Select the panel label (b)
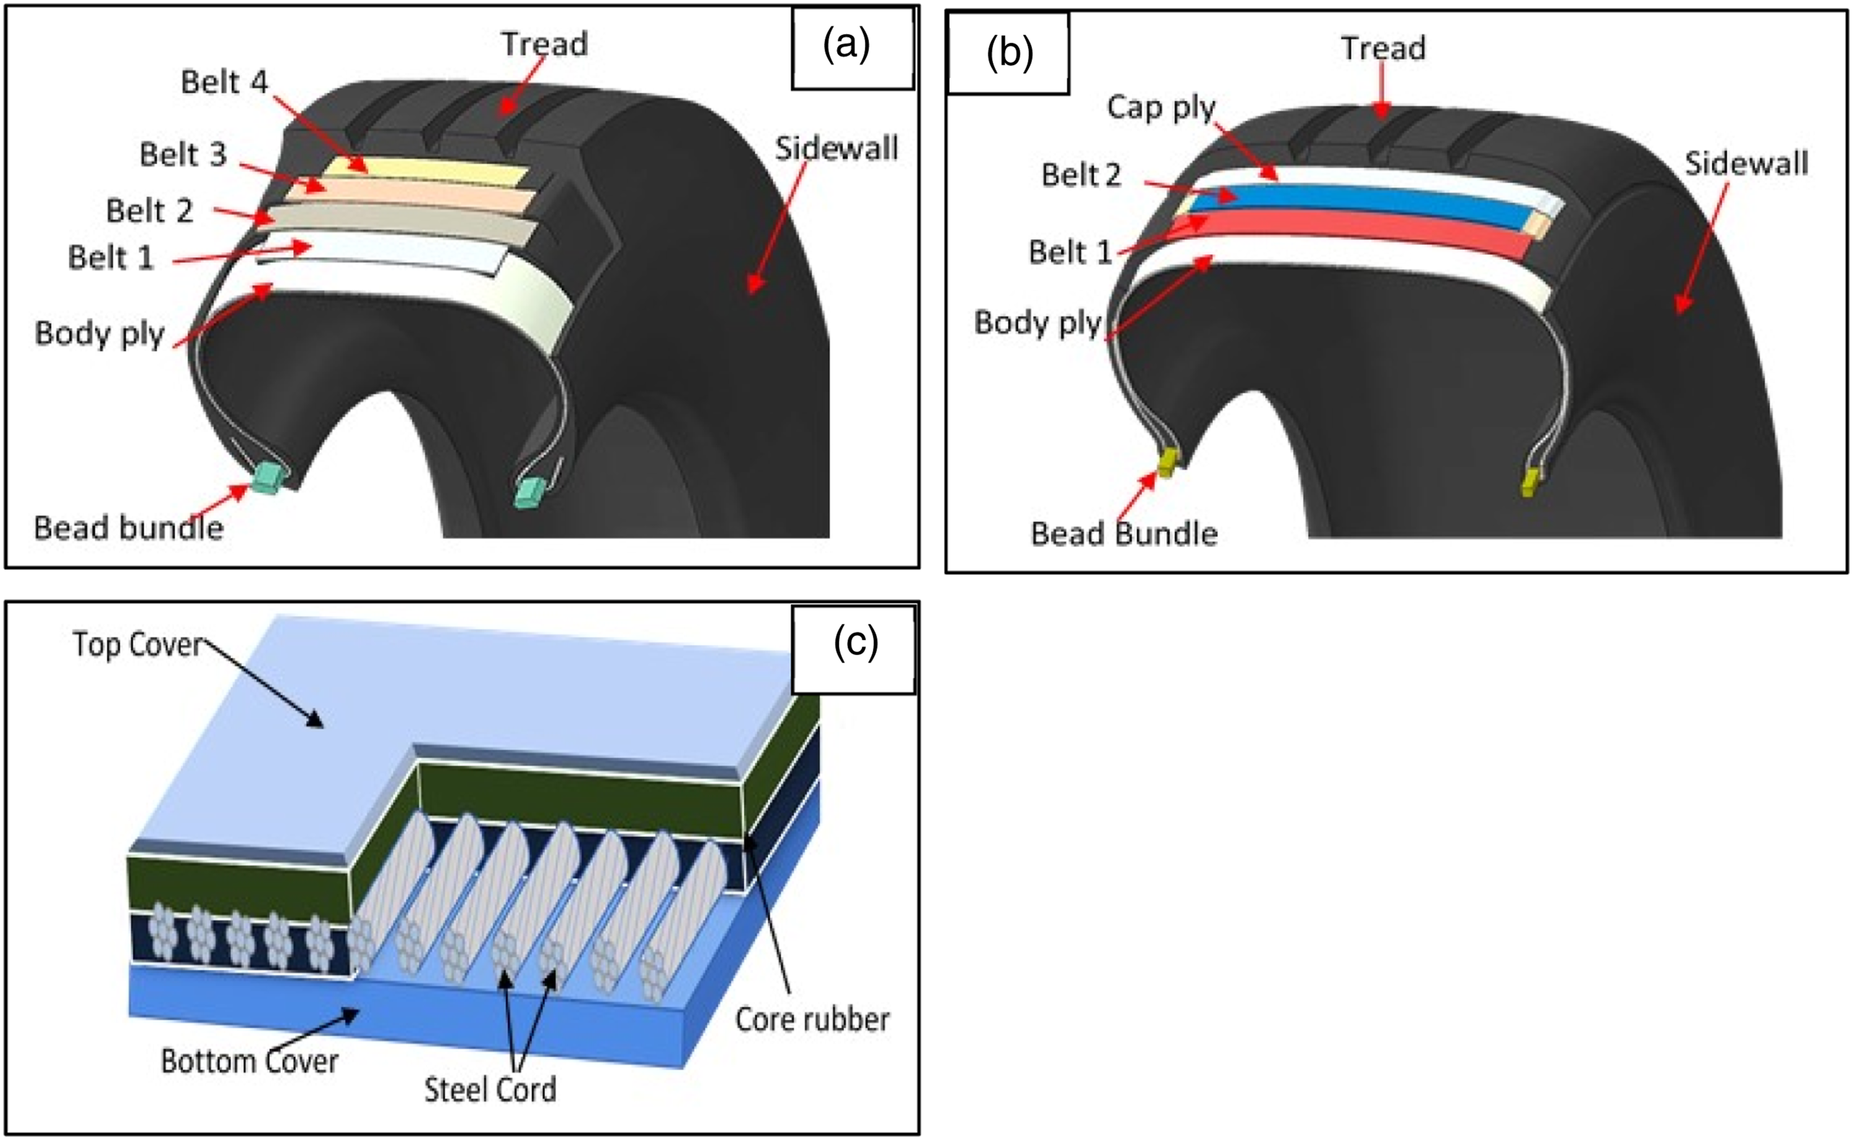[x=1009, y=54]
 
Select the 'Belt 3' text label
[x=183, y=154]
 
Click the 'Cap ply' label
[x=1161, y=108]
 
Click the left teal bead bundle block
[x=267, y=479]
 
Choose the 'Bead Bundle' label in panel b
[x=1124, y=534]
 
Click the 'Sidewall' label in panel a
[x=837, y=149]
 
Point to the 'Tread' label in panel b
[x=1384, y=48]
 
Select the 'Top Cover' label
[x=138, y=645]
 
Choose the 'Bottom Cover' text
[x=250, y=1061]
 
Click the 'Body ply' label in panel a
[x=99, y=333]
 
